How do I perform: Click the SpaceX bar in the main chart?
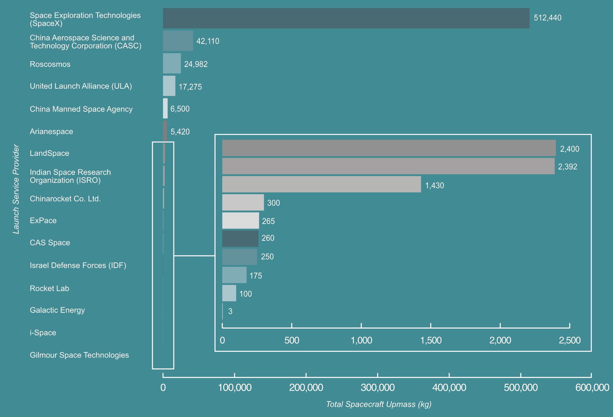(x=346, y=18)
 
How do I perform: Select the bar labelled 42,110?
(x=178, y=41)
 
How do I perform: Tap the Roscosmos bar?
(x=172, y=64)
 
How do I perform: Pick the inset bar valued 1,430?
(x=321, y=184)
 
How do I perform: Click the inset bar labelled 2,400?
(x=389, y=148)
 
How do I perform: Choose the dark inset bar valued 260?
(x=240, y=239)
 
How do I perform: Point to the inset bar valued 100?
(x=229, y=293)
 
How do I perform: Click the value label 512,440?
(x=548, y=18)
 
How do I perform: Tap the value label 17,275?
(x=190, y=87)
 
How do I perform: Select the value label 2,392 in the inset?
(x=568, y=167)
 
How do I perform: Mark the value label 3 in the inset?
(x=230, y=311)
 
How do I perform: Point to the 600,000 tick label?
(x=592, y=387)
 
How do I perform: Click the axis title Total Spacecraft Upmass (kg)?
(x=379, y=404)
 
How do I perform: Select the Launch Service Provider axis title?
(x=16, y=189)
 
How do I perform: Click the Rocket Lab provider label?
(x=50, y=288)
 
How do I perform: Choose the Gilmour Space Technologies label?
(x=79, y=355)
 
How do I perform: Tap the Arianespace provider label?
(x=51, y=132)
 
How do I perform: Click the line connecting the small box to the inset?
(x=194, y=256)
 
